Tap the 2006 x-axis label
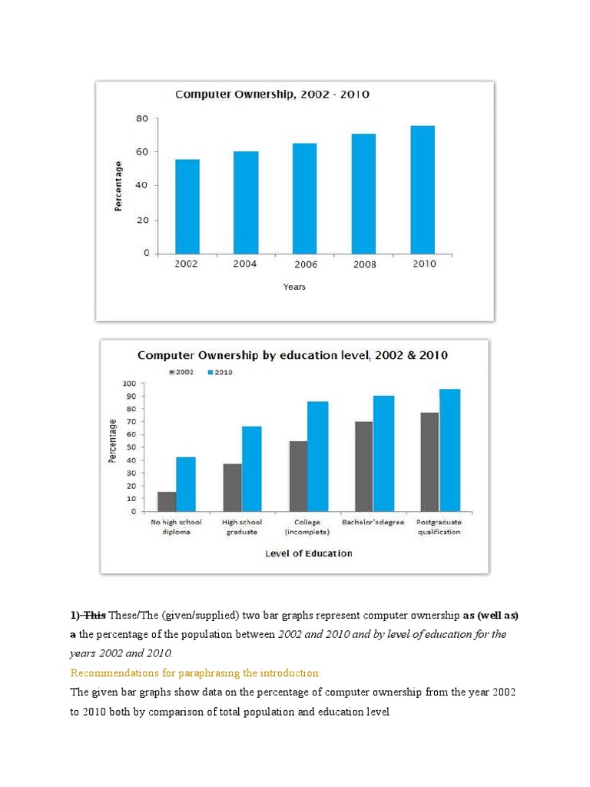click(x=304, y=264)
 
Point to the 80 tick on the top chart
click(x=142, y=119)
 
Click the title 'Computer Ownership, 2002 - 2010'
click(x=273, y=95)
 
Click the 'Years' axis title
click(x=294, y=287)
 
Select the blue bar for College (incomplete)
click(x=318, y=457)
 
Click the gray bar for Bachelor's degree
click(x=364, y=467)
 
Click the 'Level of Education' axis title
click(x=308, y=553)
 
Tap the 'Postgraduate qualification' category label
click(x=439, y=527)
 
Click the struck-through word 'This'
click(x=94, y=615)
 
